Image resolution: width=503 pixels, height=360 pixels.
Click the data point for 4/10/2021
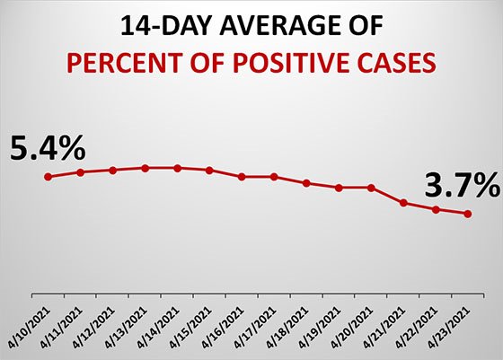point(49,176)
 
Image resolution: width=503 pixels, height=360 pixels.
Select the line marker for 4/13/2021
point(146,168)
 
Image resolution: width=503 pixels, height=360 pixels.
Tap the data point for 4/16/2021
point(242,177)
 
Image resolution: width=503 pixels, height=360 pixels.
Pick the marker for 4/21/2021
point(403,203)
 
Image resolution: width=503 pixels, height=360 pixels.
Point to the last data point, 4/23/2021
point(467,214)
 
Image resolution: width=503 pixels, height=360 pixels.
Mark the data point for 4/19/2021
point(339,188)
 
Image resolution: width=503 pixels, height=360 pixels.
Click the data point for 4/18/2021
point(306,183)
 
